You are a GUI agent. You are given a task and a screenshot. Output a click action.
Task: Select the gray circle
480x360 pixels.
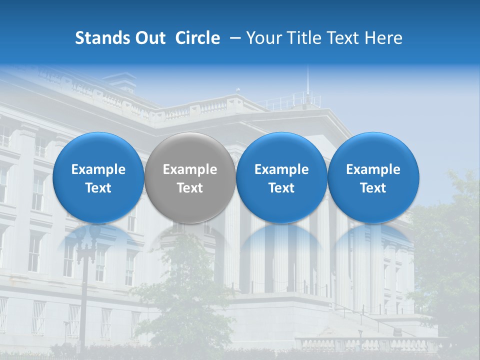[190, 177]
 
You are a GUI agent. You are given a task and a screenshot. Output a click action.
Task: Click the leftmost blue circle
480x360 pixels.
[98, 177]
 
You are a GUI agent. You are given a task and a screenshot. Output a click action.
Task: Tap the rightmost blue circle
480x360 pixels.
[373, 177]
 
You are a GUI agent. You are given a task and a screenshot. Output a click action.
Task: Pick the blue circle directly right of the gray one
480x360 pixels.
[281, 177]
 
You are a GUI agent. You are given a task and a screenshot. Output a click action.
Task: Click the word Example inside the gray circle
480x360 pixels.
[190, 169]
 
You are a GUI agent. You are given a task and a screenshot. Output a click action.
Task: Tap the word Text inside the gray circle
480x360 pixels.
[190, 188]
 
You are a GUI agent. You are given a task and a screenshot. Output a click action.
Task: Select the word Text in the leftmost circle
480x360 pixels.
[98, 188]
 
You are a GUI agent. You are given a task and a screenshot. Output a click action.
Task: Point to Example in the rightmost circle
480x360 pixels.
[373, 169]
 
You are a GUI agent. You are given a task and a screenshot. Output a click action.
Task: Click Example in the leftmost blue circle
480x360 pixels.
[98, 169]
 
